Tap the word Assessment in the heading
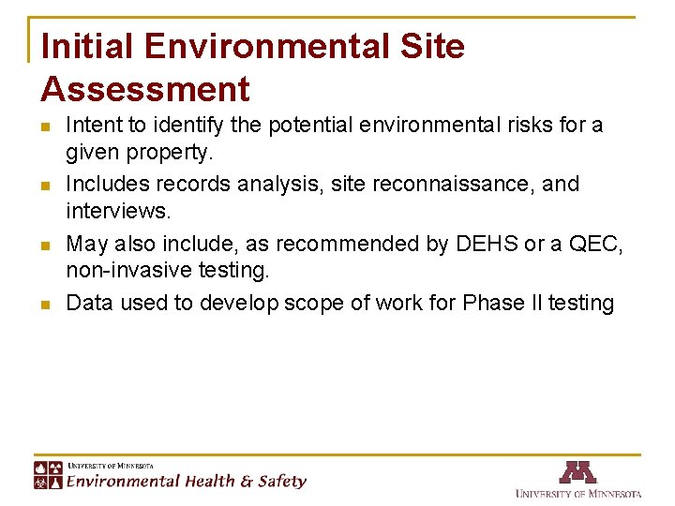point(145,89)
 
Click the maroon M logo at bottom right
point(577,472)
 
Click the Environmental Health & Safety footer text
point(186,482)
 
